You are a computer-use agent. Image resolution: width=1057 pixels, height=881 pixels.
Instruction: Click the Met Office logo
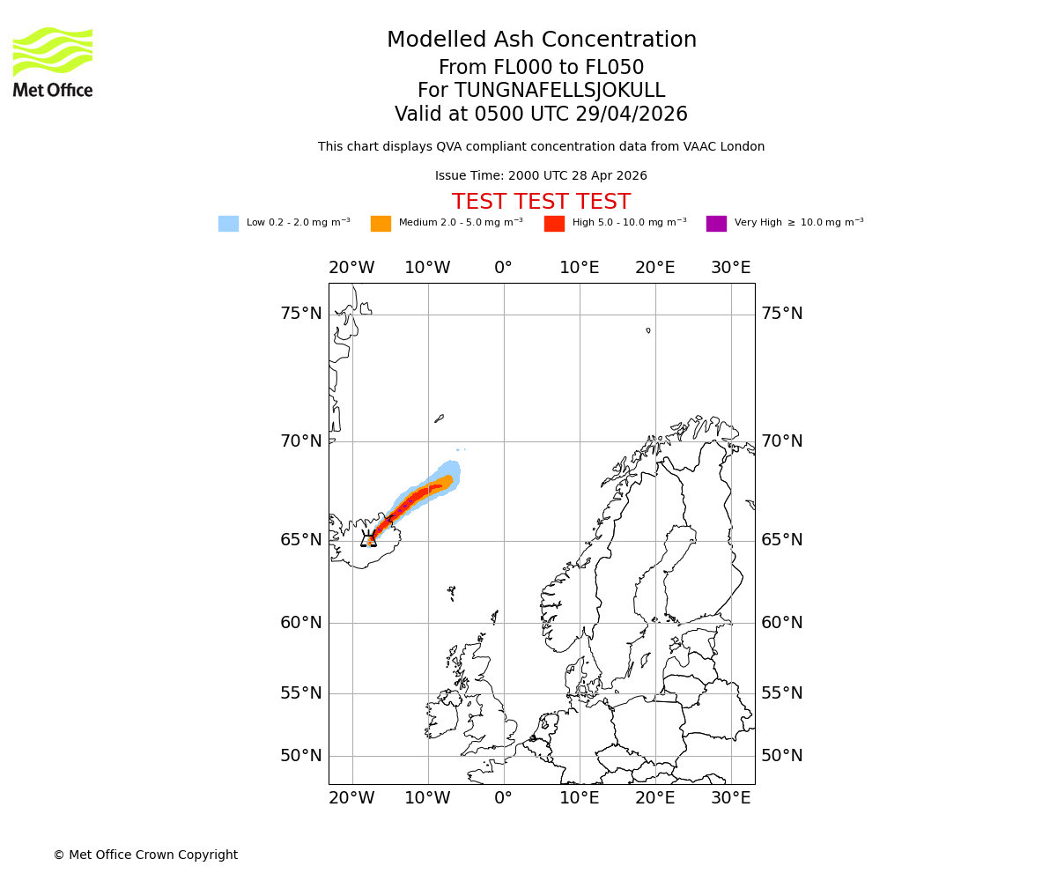53,62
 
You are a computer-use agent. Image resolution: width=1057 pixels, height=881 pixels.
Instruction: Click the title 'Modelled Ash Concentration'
542,41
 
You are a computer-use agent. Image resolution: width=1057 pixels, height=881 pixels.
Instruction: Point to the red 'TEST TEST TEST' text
541,202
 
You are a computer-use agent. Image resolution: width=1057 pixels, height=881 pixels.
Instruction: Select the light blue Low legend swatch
228,224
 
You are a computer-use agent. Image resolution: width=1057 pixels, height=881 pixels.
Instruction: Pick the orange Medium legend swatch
381,224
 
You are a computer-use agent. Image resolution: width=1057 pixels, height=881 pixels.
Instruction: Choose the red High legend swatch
554,224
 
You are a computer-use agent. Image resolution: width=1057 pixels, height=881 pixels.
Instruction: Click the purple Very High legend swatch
716,224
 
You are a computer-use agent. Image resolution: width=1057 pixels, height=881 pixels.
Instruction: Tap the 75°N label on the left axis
301,314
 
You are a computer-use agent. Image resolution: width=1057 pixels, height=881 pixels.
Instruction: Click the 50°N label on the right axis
782,756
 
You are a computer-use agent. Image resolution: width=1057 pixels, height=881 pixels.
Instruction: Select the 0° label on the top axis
503,268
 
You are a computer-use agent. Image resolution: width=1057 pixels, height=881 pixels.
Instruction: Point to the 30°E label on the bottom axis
731,798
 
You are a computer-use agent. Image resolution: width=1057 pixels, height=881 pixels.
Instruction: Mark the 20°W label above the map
351,268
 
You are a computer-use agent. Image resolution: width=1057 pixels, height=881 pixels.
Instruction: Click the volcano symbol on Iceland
368,539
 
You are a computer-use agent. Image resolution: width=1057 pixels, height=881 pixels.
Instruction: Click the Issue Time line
541,176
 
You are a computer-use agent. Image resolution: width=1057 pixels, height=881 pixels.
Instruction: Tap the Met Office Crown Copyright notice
145,855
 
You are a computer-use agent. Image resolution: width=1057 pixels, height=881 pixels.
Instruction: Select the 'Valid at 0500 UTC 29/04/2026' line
541,115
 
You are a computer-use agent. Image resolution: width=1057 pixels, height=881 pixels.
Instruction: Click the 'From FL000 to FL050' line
541,68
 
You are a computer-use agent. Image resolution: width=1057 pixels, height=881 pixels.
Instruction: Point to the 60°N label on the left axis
301,623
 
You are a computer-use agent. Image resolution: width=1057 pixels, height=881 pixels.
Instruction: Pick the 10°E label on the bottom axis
580,798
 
